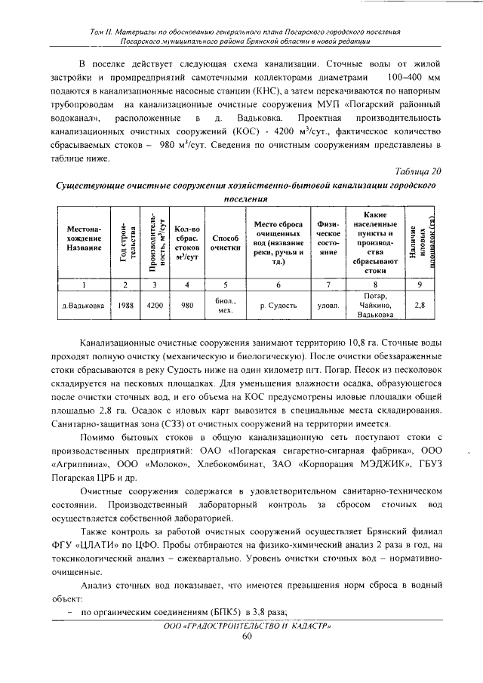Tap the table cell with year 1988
tap(126, 306)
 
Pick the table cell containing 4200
tap(155, 306)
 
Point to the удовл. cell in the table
tap(328, 306)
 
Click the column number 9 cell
tap(420, 285)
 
